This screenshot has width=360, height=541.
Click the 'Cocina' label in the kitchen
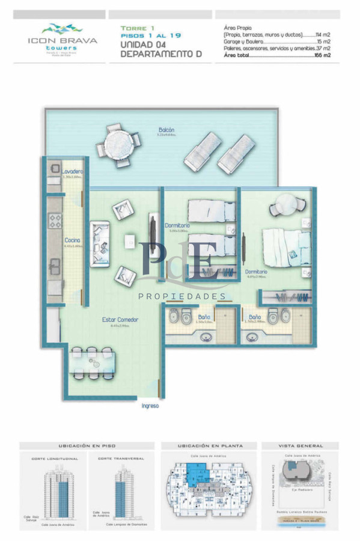click(x=73, y=240)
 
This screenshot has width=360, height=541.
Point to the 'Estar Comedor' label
click(x=120, y=320)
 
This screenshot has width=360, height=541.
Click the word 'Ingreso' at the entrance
click(x=150, y=406)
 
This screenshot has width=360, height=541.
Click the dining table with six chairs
click(x=88, y=362)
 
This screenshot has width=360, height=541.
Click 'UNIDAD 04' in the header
click(x=142, y=44)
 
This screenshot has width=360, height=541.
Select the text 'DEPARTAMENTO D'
click(x=160, y=54)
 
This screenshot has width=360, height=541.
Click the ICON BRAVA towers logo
click(x=59, y=36)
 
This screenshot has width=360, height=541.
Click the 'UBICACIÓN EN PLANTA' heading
click(x=210, y=446)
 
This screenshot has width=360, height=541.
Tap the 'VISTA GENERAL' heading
click(x=301, y=446)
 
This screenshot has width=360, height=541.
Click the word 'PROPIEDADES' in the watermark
click(x=182, y=296)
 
